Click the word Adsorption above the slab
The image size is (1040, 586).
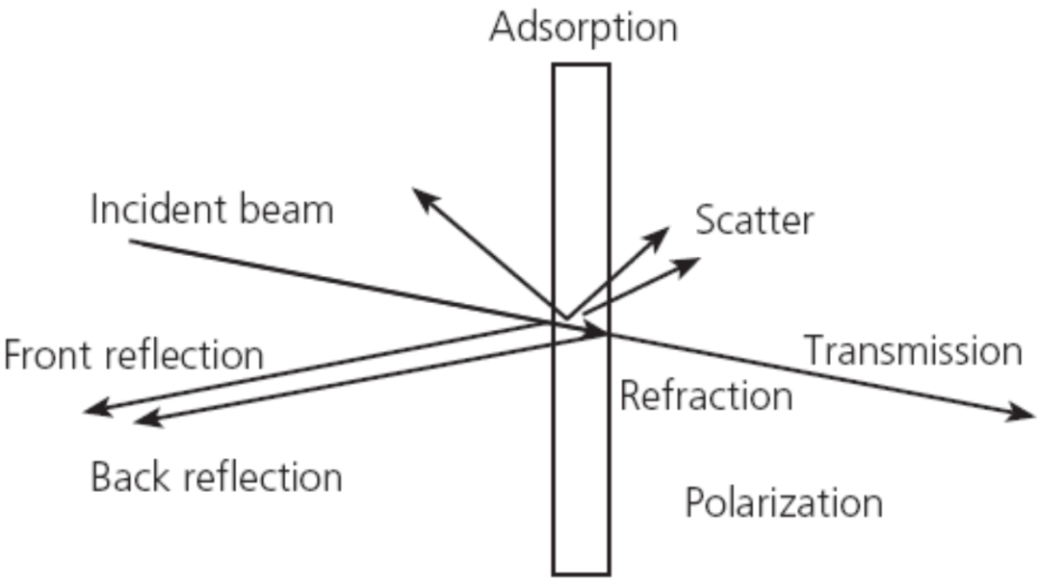pos(584,28)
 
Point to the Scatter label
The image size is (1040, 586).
pos(754,220)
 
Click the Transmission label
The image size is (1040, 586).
pos(913,350)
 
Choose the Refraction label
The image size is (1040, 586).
pos(706,395)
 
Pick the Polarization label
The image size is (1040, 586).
pos(783,502)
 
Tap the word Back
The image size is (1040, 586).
pos(130,476)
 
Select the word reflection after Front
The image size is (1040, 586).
pos(184,355)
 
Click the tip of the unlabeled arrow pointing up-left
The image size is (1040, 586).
pos(412,189)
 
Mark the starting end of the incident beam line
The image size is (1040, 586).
pos(130,242)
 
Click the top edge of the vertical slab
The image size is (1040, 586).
pos(582,65)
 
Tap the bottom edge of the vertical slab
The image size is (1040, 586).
pos(582,573)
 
